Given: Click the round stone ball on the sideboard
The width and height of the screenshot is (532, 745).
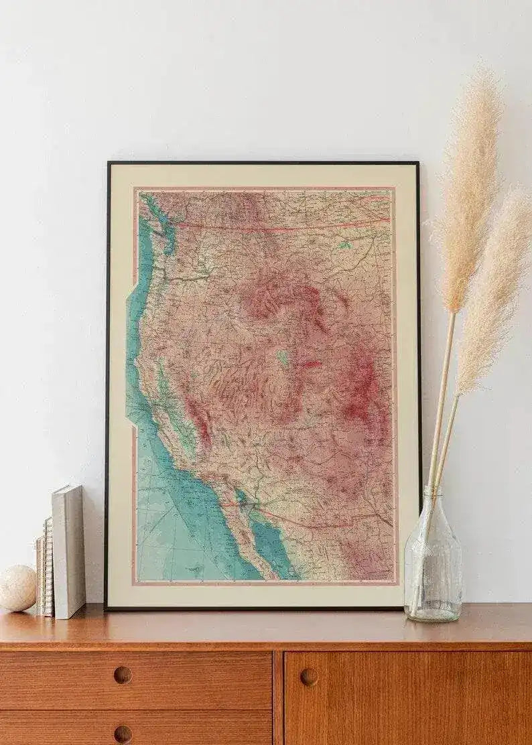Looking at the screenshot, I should [x=17, y=588].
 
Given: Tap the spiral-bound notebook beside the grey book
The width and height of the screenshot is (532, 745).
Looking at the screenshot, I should [x=46, y=566].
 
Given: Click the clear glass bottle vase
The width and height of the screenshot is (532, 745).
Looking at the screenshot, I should [x=433, y=566].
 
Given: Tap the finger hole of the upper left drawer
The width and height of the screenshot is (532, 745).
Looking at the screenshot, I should [x=123, y=675].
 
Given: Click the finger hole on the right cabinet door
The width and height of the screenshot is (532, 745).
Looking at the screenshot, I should [x=309, y=677].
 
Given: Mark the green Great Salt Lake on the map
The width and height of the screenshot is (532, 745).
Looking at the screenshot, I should [x=283, y=356].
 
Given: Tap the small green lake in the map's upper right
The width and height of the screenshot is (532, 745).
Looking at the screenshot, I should [x=344, y=245].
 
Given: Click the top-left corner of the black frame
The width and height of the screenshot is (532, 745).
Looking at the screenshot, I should [x=108, y=163].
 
